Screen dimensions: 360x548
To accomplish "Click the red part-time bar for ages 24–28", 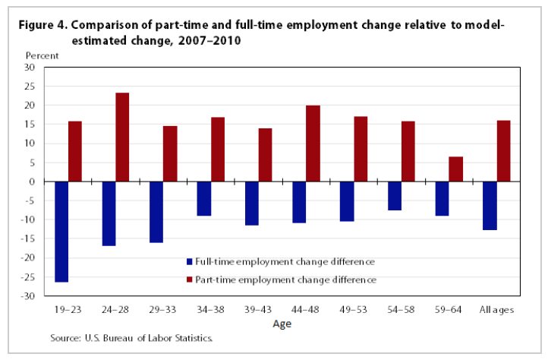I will [x=122, y=137].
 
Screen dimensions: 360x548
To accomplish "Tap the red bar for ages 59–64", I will [x=455, y=169].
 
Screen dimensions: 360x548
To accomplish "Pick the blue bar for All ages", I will [x=489, y=206].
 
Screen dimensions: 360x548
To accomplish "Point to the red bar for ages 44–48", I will [x=313, y=144].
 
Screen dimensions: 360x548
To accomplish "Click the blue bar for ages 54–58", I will [x=393, y=196].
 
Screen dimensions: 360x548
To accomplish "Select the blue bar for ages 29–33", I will [x=156, y=212].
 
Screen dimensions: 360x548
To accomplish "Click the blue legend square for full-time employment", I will [x=189, y=262].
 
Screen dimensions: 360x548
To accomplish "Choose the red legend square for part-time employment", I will [x=189, y=280].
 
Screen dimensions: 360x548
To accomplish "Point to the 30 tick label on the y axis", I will [x=30, y=68].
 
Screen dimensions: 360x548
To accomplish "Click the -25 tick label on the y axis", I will [x=28, y=277].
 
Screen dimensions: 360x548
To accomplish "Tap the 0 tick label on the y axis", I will [x=33, y=182].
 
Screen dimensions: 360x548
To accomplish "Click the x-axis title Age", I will [x=281, y=324].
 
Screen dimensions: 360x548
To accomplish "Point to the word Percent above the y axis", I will [x=41, y=55].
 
